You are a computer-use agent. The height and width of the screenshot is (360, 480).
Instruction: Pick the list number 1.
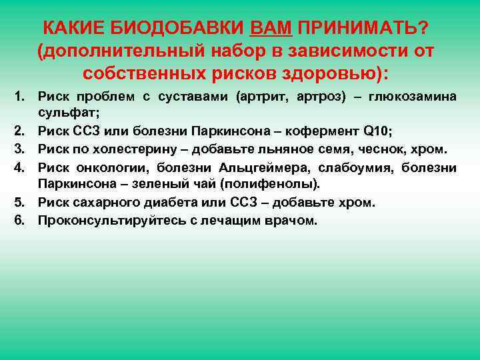(21, 97)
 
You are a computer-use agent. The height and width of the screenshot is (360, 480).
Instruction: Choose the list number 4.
(21, 167)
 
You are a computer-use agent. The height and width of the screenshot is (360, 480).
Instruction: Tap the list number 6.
(21, 219)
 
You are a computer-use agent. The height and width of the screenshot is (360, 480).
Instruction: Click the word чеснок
(367, 149)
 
